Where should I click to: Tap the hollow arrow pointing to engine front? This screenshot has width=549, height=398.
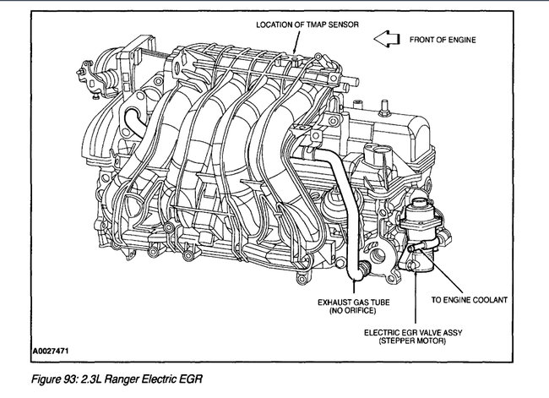(x=388, y=38)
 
